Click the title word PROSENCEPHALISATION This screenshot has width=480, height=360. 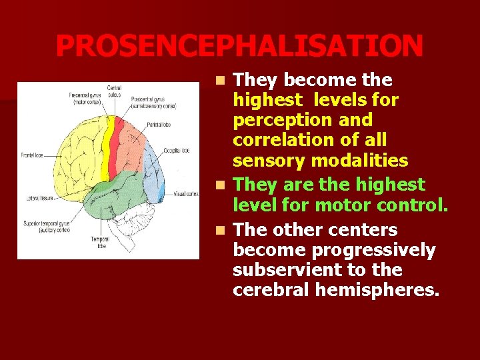coord(239,46)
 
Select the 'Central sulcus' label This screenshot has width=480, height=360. coord(114,91)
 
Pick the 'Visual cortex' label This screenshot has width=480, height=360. coord(187,194)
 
